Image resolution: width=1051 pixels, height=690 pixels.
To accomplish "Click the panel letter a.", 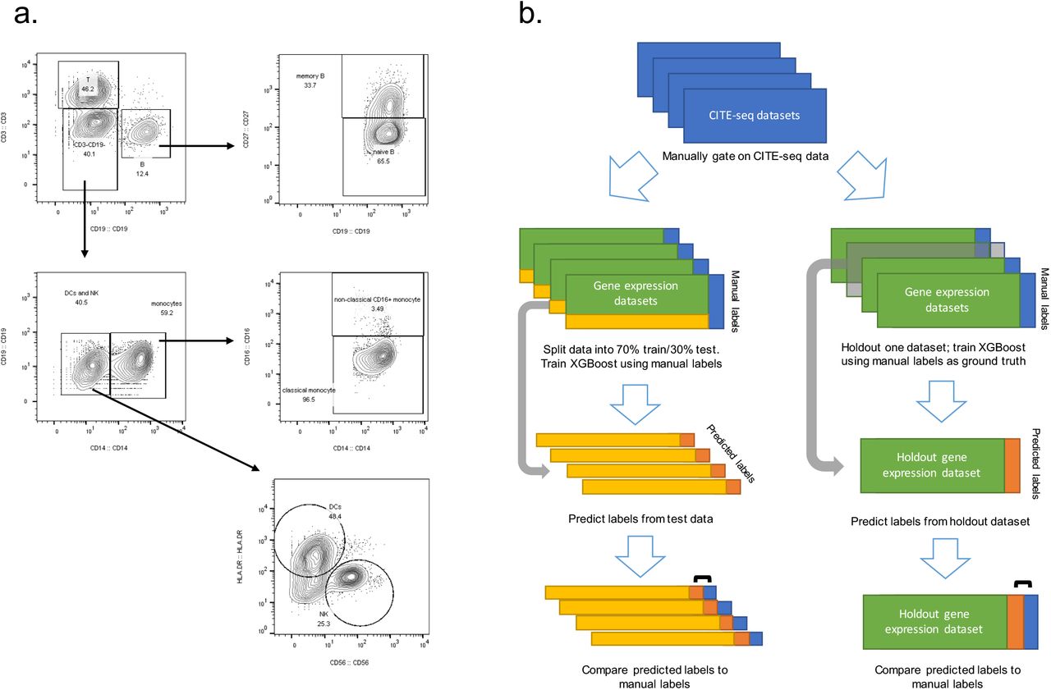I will pos(26,19).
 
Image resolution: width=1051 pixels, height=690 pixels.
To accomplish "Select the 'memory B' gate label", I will pos(311,76).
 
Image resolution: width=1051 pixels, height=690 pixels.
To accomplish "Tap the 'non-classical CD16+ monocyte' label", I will pos(377,299).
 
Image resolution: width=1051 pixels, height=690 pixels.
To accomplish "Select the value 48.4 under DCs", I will pos(335,517).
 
